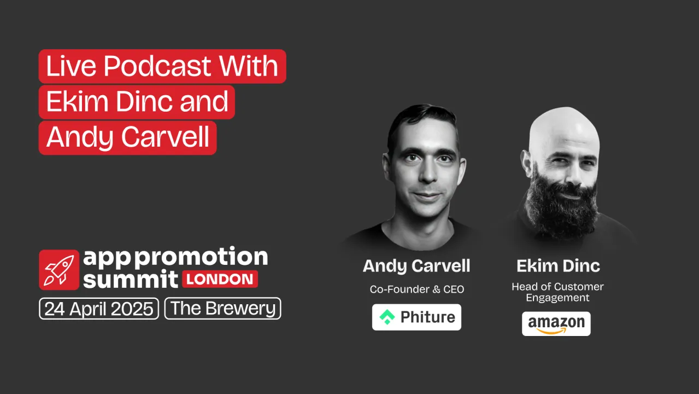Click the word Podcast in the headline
point(157,67)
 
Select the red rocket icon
point(59,270)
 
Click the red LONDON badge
point(220,279)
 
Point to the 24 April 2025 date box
point(99,309)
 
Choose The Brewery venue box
point(222,309)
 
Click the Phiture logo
point(416,317)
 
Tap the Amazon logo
point(556,323)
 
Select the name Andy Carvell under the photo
point(416,266)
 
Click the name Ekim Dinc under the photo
point(558,266)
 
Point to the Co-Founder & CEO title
point(416,289)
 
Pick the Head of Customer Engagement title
point(557,292)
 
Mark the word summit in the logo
point(130,279)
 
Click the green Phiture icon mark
point(387,317)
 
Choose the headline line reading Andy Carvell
point(128,137)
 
